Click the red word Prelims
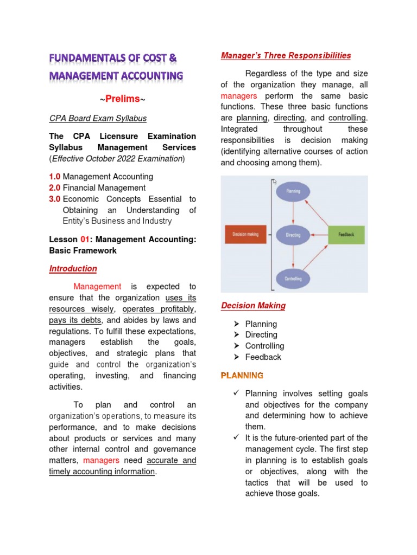tap(122, 99)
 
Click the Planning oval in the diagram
tap(293, 191)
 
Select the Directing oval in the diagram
tap(293, 235)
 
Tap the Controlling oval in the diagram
tap(293, 279)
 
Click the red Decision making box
tap(245, 234)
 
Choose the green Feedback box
tap(346, 234)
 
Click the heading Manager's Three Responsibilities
tap(286, 56)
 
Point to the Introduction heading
tap(73, 269)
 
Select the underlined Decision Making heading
tap(253, 306)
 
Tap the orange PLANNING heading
tap(242, 375)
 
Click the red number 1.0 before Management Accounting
tap(55, 177)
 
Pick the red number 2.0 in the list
tap(55, 188)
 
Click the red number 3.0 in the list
tap(55, 199)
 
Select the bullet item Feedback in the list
tap(263, 357)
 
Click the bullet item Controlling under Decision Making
tap(264, 346)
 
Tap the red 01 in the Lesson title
tap(85, 240)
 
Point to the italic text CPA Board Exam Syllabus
tap(98, 118)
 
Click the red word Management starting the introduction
tap(97, 286)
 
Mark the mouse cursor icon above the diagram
tap(275, 182)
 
